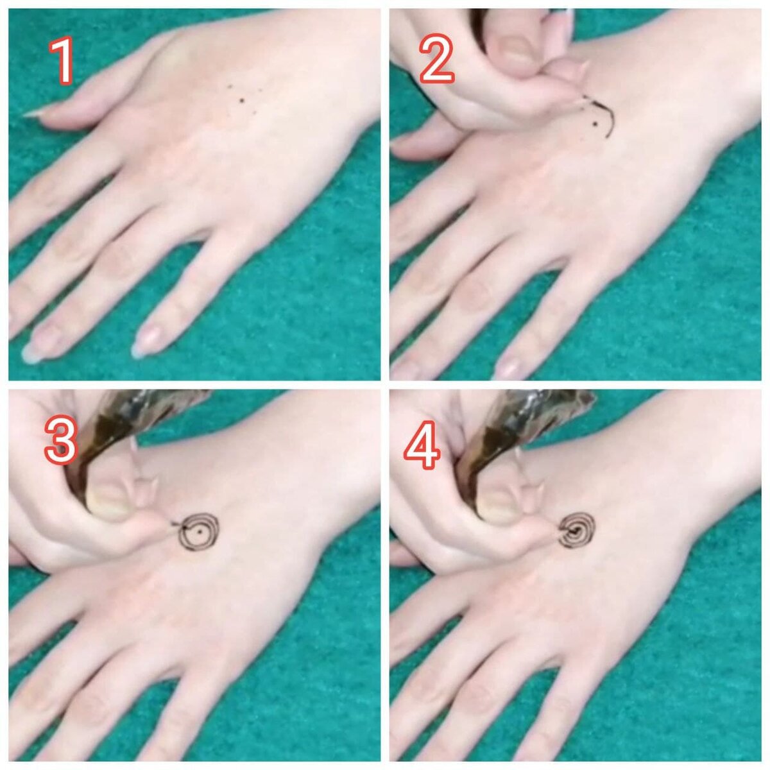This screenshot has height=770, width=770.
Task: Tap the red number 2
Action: pos(436,58)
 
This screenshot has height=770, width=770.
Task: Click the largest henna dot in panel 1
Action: pos(242,100)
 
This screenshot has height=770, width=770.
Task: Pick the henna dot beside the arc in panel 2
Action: pos(595,124)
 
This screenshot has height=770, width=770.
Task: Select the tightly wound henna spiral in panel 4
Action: pos(577,531)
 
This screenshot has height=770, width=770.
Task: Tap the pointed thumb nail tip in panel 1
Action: pos(26,114)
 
